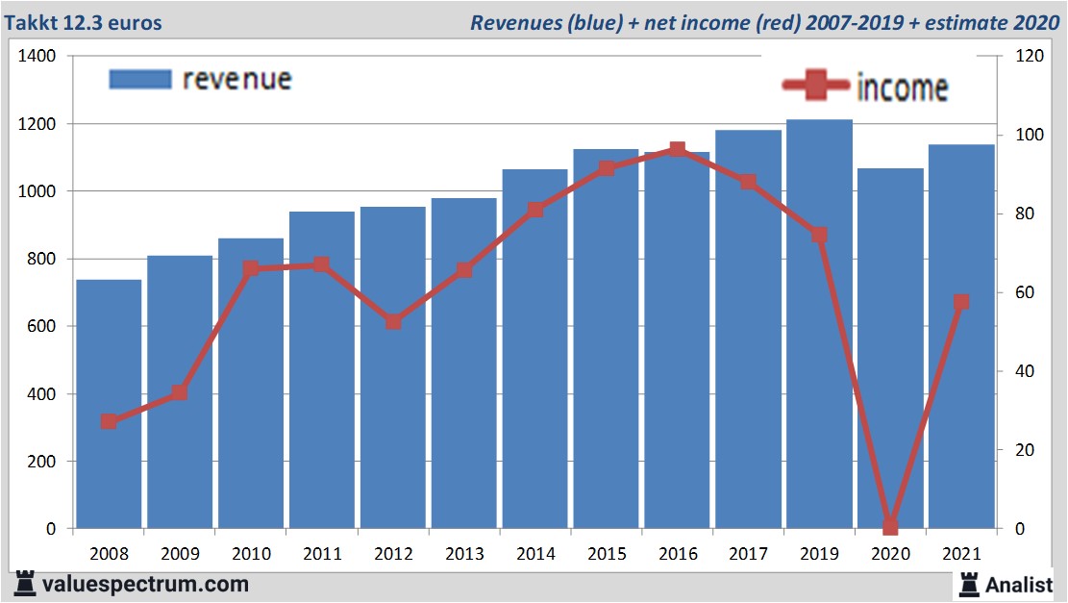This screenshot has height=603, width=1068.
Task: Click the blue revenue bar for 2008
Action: tap(110, 404)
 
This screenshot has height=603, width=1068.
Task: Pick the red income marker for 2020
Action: tap(890, 526)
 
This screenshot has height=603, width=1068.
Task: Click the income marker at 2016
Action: tap(677, 150)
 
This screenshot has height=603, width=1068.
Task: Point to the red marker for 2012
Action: tap(393, 322)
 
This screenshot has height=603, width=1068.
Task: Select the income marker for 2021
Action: tap(960, 302)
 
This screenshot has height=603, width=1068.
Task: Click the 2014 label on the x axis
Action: tap(534, 554)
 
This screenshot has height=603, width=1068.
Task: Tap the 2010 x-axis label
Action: tap(251, 554)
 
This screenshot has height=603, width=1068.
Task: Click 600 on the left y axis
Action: tap(43, 327)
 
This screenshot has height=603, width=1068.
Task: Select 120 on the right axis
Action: tap(1029, 57)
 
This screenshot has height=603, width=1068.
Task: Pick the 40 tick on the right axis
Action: tap(1025, 371)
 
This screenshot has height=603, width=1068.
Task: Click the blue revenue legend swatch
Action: tap(139, 79)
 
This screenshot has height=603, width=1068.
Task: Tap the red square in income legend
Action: tap(816, 87)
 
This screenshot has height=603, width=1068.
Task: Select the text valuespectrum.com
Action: tap(145, 584)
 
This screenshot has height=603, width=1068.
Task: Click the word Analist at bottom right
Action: tap(1020, 584)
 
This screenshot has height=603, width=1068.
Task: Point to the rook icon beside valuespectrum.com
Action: tap(25, 583)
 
